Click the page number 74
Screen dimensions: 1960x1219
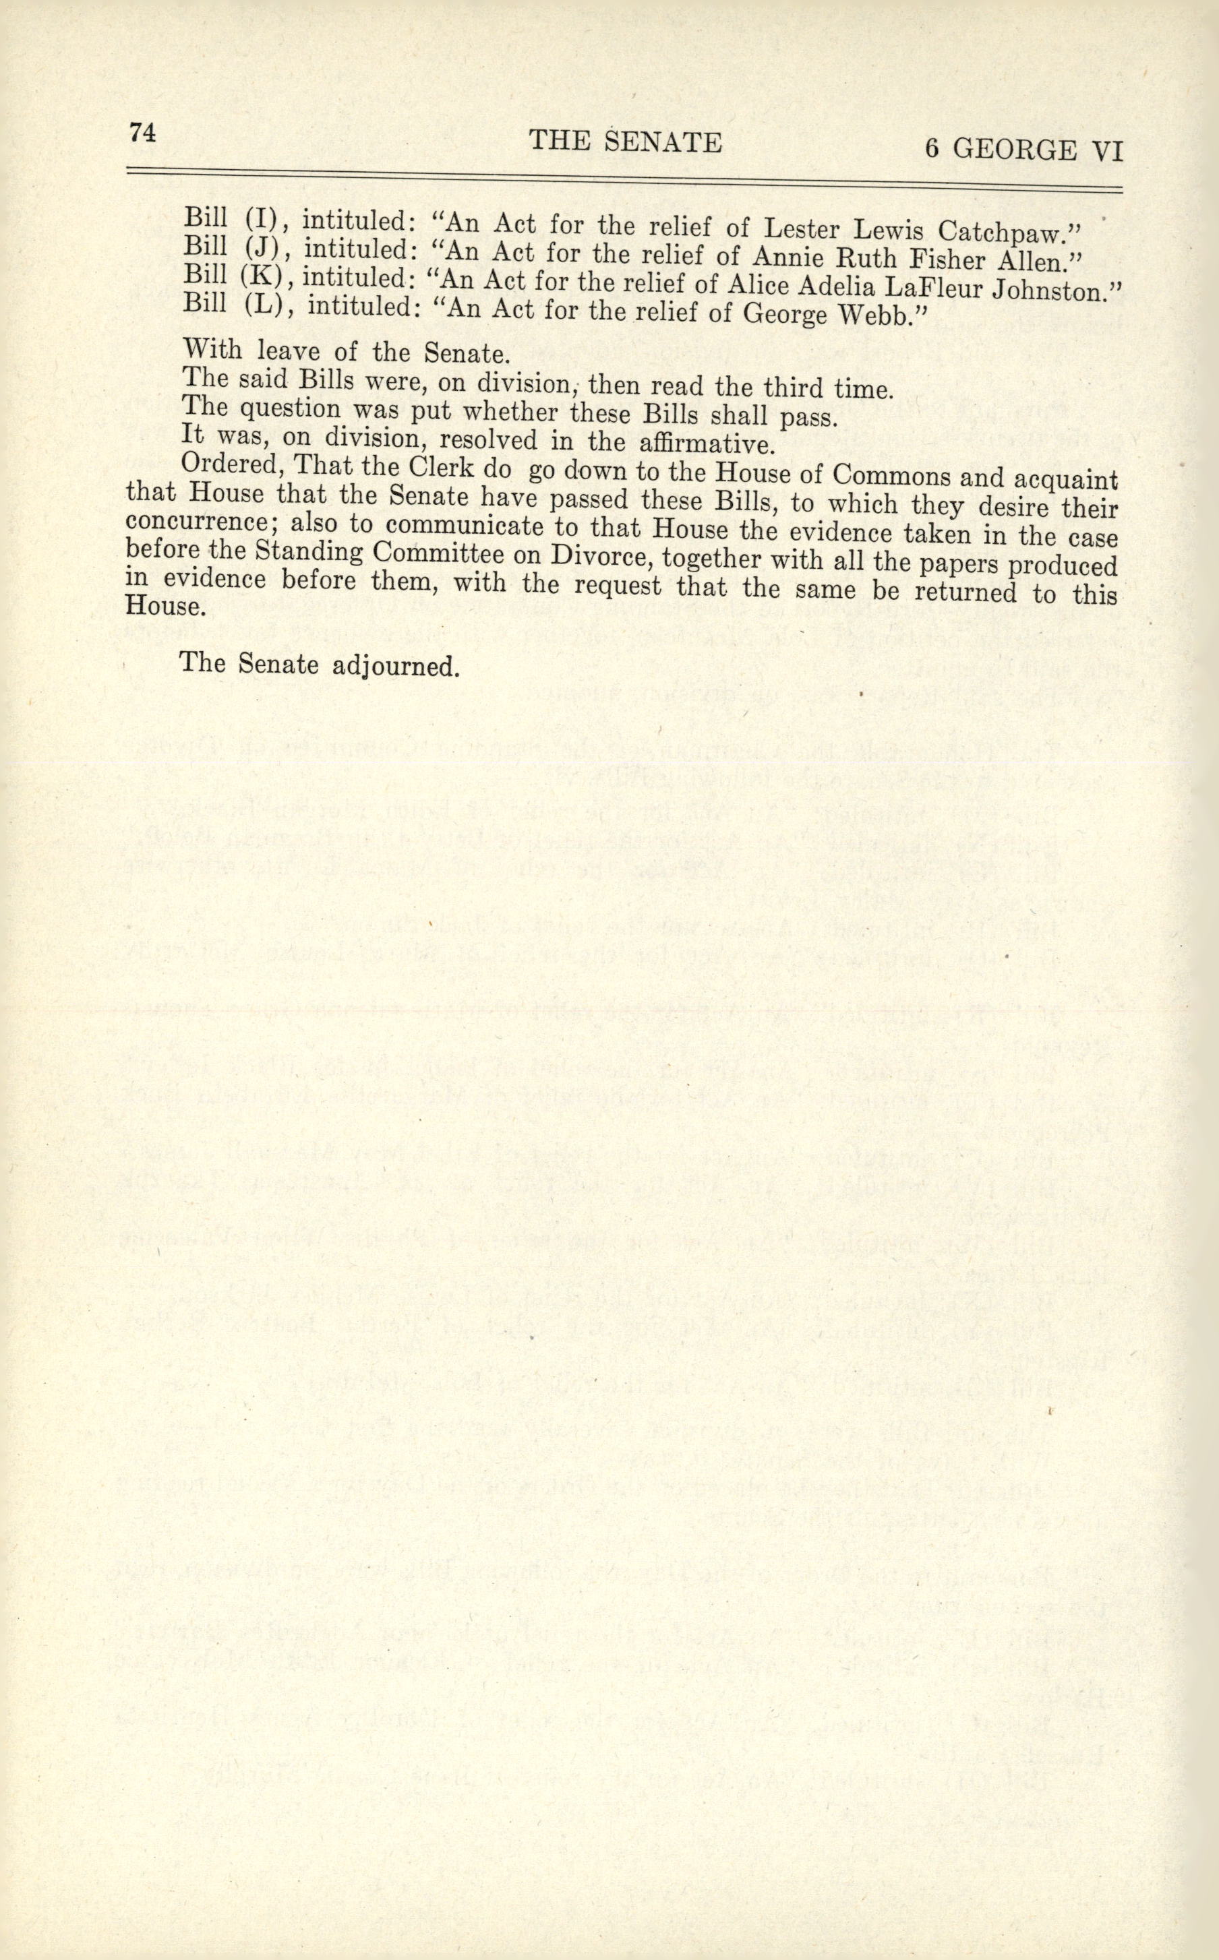pos(141,133)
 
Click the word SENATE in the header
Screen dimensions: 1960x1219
pos(663,143)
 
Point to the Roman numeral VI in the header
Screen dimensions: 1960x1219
pos(1105,152)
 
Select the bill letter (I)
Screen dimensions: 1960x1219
pos(260,218)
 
